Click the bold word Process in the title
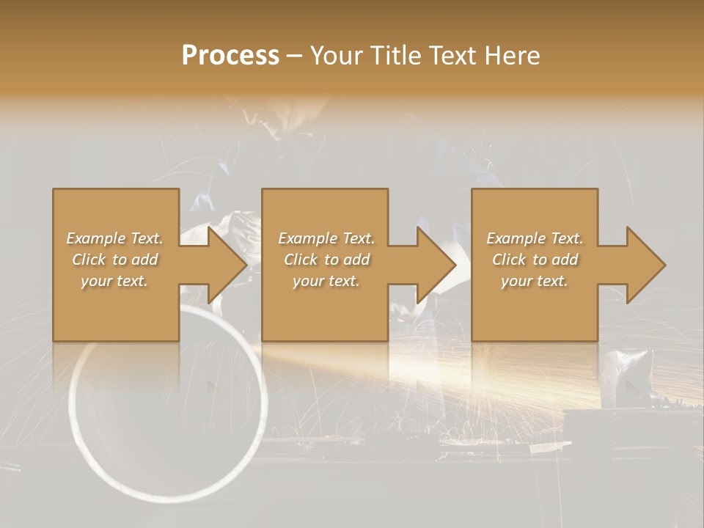tap(230, 56)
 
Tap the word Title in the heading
tap(395, 56)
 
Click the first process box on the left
tap(115, 308)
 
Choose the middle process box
tap(325, 308)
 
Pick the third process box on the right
tap(534, 308)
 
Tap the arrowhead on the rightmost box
tap(645, 265)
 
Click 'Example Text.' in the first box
tap(114, 238)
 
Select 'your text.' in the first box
tap(114, 281)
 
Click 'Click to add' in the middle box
tap(326, 260)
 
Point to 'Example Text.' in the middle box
tap(326, 238)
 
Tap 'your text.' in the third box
tap(535, 281)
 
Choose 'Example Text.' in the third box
tap(535, 238)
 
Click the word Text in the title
tap(451, 56)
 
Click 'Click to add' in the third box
tap(535, 260)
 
